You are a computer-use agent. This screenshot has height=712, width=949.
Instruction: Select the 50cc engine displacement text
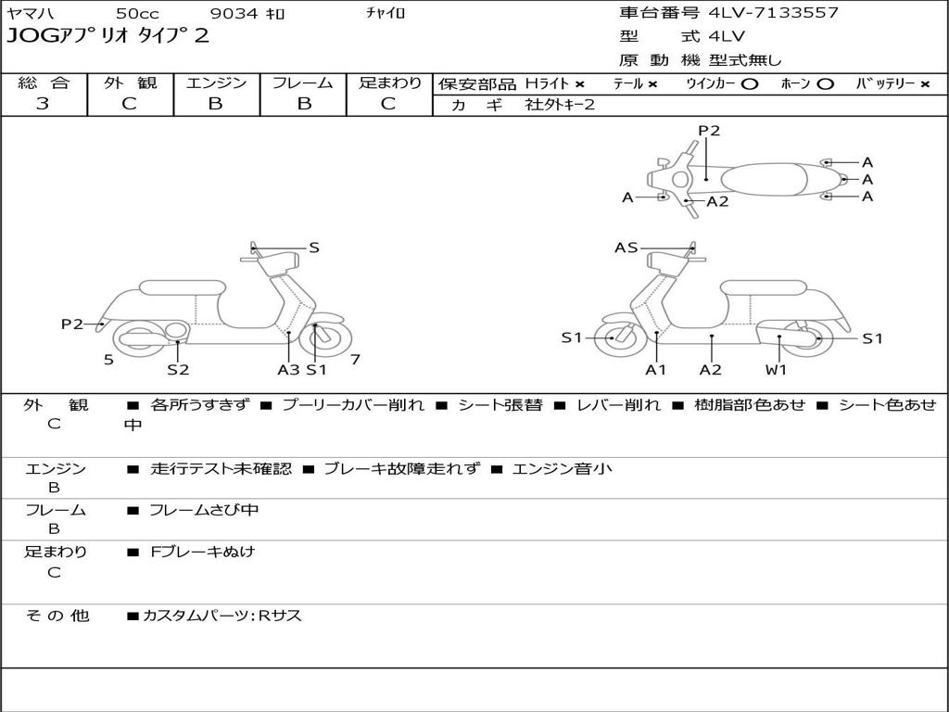click(136, 14)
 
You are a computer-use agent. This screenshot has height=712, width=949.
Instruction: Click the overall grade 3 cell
click(43, 104)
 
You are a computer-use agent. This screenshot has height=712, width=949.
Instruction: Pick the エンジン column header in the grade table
click(216, 83)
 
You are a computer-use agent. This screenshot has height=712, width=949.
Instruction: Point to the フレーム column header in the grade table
click(302, 83)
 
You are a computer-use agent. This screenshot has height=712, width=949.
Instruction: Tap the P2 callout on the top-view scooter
click(709, 131)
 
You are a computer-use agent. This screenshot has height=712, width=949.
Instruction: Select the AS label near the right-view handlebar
click(626, 248)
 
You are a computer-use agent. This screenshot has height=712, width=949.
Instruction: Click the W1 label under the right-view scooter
click(777, 370)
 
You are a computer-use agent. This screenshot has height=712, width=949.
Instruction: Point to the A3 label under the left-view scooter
click(288, 370)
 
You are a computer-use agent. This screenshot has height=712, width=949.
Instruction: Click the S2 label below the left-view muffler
click(178, 370)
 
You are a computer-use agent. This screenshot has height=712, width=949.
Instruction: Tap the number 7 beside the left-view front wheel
click(355, 360)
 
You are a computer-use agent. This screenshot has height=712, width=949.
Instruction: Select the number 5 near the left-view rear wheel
click(108, 360)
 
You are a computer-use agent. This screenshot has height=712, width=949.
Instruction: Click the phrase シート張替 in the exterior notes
click(500, 405)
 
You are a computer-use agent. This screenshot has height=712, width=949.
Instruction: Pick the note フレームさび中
click(204, 510)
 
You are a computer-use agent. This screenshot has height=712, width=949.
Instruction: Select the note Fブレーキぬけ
click(202, 552)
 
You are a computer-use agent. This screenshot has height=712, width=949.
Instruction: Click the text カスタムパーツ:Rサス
click(222, 616)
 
